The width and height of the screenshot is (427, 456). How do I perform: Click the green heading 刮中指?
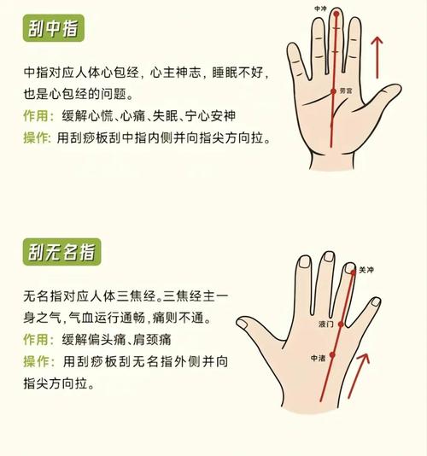coord(53,31)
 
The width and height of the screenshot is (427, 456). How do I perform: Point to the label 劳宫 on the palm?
coord(347,89)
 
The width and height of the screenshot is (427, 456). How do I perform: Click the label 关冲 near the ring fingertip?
coord(366,270)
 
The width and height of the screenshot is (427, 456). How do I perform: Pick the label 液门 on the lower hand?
coord(326,324)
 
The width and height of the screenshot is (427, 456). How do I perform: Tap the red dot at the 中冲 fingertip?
coord(336,15)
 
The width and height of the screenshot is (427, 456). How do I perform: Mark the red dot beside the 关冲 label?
coord(352,272)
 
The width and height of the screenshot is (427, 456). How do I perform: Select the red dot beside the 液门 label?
coord(342,324)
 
